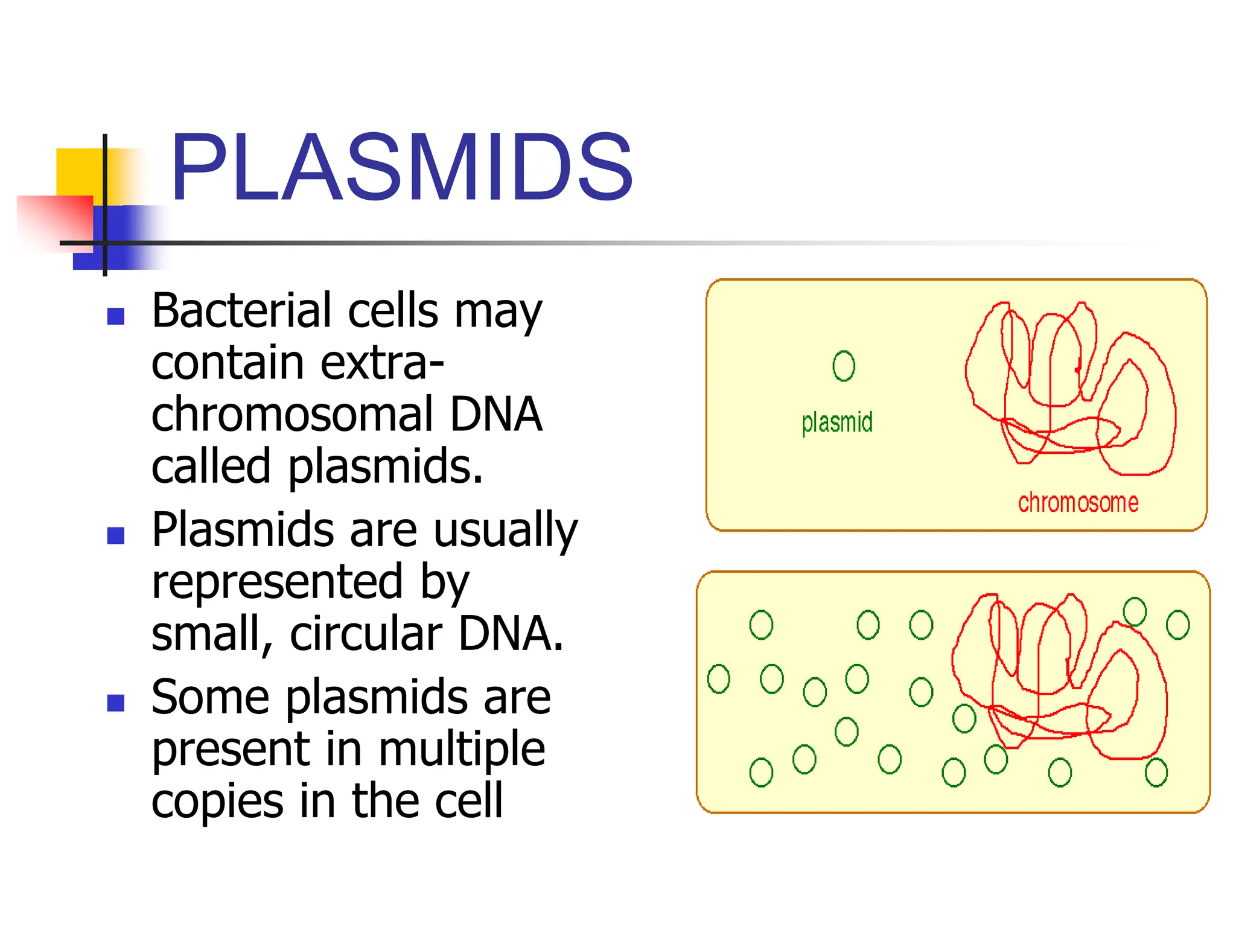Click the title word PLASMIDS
pyautogui.click(x=401, y=167)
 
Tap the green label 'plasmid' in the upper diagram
pyautogui.click(x=837, y=422)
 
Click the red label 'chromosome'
pyautogui.click(x=1078, y=503)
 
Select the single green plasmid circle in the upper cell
pyautogui.click(x=844, y=366)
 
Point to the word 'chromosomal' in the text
pyautogui.click(x=292, y=415)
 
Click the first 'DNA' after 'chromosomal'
pyautogui.click(x=496, y=415)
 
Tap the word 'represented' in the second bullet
pyautogui.click(x=276, y=581)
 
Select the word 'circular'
pyautogui.click(x=366, y=634)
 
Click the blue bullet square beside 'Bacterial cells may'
pyautogui.click(x=115, y=316)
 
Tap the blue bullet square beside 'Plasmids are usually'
pyautogui.click(x=115, y=535)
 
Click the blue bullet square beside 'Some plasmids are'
pyautogui.click(x=115, y=702)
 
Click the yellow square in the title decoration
pyautogui.click(x=78, y=172)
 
